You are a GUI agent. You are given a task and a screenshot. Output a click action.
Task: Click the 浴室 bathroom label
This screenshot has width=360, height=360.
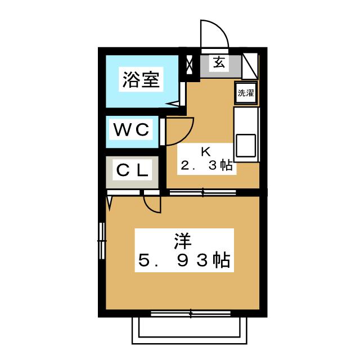tap(141, 79)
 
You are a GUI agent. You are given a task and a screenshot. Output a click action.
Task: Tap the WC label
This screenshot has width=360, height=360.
tap(131, 129)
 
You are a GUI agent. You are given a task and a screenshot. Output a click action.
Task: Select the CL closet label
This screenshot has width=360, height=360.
tap(132, 170)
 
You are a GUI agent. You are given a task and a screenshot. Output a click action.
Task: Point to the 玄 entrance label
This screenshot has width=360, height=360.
tap(219, 62)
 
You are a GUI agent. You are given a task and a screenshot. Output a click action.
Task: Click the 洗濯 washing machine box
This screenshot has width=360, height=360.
tap(246, 93)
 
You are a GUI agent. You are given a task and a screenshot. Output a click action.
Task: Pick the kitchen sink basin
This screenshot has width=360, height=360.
tap(246, 145)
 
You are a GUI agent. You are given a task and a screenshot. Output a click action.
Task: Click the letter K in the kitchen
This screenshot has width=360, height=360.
tap(206, 151)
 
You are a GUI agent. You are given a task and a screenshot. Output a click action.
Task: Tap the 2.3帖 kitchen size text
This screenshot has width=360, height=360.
tap(206, 165)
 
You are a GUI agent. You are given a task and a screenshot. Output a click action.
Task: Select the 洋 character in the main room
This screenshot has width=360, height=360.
tap(183, 241)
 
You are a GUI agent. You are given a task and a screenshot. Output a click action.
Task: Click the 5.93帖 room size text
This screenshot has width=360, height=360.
tap(184, 260)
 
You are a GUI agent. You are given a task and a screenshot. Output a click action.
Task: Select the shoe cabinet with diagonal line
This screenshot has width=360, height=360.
tap(250, 66)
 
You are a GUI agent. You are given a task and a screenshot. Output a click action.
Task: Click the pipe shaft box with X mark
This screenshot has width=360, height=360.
tap(190, 65)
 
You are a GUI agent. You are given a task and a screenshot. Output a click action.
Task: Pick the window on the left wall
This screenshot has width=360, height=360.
tap(102, 241)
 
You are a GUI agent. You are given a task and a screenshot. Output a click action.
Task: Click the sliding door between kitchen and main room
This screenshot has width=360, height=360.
tap(202, 192)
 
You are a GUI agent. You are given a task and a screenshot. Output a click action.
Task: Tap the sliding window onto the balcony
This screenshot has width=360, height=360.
tap(191, 313)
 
